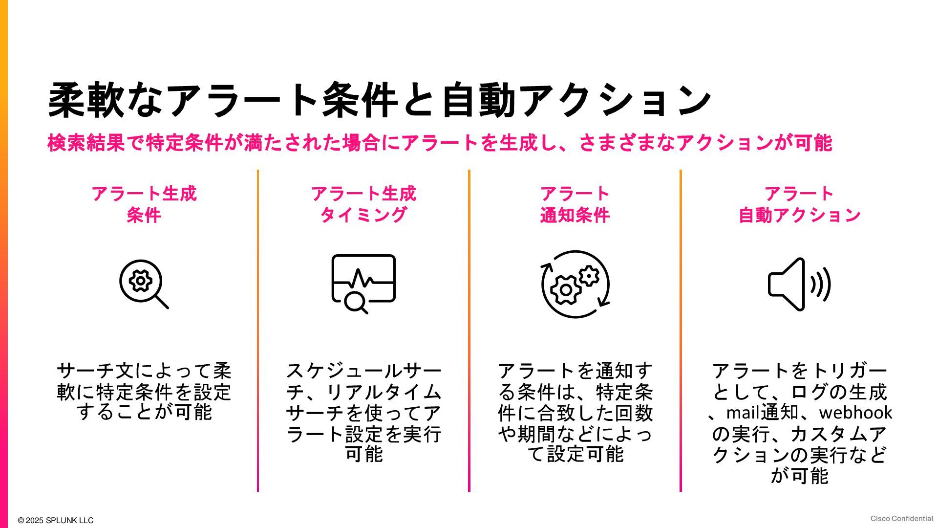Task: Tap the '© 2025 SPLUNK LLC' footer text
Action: click(x=56, y=520)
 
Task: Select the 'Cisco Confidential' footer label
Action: click(x=901, y=519)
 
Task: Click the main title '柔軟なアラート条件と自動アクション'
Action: click(x=379, y=100)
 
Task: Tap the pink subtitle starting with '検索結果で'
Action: click(x=440, y=143)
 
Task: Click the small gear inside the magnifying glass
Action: click(x=141, y=281)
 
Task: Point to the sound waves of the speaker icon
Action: click(x=821, y=285)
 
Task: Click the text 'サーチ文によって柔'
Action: click(x=144, y=371)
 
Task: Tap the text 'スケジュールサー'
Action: click(x=363, y=371)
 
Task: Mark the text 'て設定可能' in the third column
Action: click(x=575, y=454)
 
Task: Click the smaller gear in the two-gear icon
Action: click(x=589, y=276)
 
